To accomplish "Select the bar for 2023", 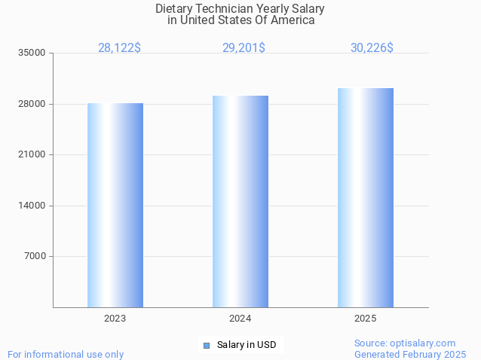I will [x=115, y=205].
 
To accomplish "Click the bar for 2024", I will [x=240, y=201].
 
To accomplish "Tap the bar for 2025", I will [x=366, y=197].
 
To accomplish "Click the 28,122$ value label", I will [x=119, y=48].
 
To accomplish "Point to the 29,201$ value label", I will [x=244, y=48].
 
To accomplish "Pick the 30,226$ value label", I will [x=372, y=48].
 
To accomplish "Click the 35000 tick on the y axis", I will [x=32, y=53].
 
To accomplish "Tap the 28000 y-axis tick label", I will [x=32, y=104].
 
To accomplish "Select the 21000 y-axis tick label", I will [x=32, y=155].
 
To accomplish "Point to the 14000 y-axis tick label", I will [x=32, y=206].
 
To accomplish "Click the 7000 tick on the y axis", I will [x=35, y=256].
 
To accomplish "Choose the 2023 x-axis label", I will [x=115, y=319].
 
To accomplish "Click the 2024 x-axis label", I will [x=240, y=319].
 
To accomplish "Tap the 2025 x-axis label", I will [x=366, y=319].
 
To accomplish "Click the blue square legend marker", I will [x=206, y=346].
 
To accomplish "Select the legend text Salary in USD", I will [x=247, y=346].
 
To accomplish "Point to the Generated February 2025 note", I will [x=410, y=355].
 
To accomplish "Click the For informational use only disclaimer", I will [x=66, y=355].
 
